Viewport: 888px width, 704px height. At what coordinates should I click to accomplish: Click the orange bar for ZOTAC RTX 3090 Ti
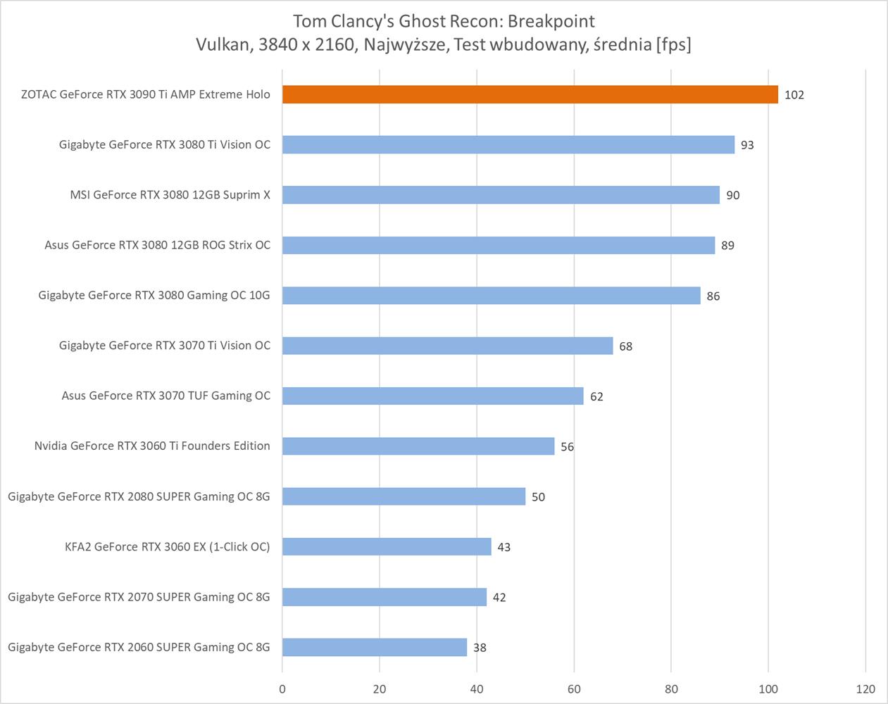pyautogui.click(x=530, y=94)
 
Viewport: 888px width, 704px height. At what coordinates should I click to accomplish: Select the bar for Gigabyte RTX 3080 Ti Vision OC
pyautogui.click(x=508, y=144)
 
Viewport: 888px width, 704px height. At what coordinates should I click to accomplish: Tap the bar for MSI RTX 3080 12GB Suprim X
pyautogui.click(x=501, y=195)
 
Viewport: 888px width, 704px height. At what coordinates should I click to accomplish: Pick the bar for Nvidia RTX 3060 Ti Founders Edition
pyautogui.click(x=418, y=446)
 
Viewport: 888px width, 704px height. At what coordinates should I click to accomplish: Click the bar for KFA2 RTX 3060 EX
pyautogui.click(x=387, y=546)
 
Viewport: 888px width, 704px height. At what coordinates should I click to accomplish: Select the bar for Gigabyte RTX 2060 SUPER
pyautogui.click(x=375, y=647)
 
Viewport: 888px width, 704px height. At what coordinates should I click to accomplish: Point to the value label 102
pyautogui.click(x=794, y=95)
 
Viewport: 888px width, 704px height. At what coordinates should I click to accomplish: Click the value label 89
pyautogui.click(x=727, y=246)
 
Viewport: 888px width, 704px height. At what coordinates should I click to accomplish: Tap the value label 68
pyautogui.click(x=625, y=346)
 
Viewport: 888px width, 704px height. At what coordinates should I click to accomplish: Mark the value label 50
pyautogui.click(x=538, y=497)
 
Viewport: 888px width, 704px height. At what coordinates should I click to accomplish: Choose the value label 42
pyautogui.click(x=499, y=598)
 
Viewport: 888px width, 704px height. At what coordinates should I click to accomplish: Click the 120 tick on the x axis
pyautogui.click(x=865, y=689)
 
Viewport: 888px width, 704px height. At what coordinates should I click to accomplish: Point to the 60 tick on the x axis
pyautogui.click(x=574, y=689)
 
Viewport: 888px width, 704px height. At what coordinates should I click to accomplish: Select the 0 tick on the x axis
pyautogui.click(x=282, y=689)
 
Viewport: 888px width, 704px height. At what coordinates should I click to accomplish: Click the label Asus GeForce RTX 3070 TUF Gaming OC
pyautogui.click(x=165, y=396)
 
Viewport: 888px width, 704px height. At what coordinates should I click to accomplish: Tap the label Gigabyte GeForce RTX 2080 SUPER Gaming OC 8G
pyautogui.click(x=139, y=496)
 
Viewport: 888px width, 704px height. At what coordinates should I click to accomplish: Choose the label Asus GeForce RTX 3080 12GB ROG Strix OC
pyautogui.click(x=157, y=245)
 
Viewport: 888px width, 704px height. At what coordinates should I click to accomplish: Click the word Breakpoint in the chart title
pyautogui.click(x=552, y=21)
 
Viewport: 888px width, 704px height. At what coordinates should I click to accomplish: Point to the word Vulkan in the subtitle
pyautogui.click(x=223, y=44)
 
